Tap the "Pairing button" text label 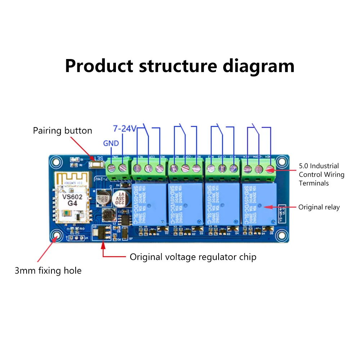point(63,130)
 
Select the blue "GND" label point(111,143)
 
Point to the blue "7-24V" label point(124,129)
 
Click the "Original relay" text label point(319,207)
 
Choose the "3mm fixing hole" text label point(48,271)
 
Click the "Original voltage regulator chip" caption point(193,257)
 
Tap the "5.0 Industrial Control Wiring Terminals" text point(321,175)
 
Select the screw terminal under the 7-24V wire point(123,167)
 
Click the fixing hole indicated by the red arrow point(57,236)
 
